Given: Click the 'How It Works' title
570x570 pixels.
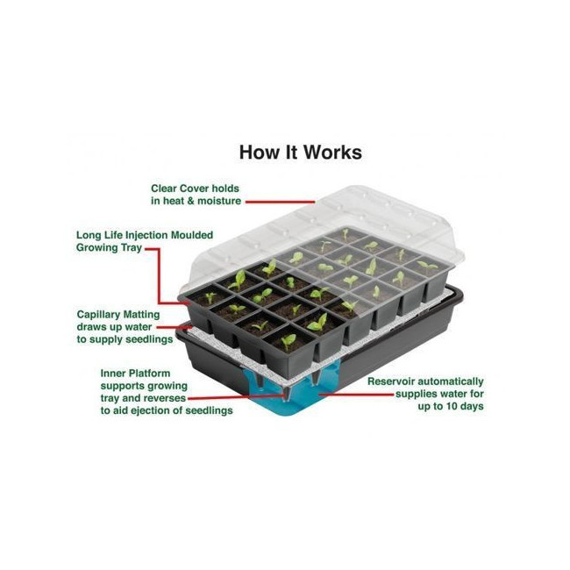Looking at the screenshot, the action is coord(300,152).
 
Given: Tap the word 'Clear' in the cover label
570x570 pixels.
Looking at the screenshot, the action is coord(164,189).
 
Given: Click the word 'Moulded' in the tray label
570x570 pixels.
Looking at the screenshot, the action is coord(192,235).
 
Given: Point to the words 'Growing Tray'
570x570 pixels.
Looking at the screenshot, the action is coord(109,247).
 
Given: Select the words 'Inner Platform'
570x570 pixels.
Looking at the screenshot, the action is coord(135,374).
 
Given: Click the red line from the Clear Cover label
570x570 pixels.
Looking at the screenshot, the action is coord(280,202).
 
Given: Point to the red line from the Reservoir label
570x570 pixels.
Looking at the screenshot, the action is coord(356,394).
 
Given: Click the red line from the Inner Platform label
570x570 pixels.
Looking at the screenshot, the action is coord(235,397).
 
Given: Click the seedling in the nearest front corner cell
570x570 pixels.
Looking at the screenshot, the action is coord(289,342).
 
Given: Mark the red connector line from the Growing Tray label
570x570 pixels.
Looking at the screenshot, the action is coord(160,276).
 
